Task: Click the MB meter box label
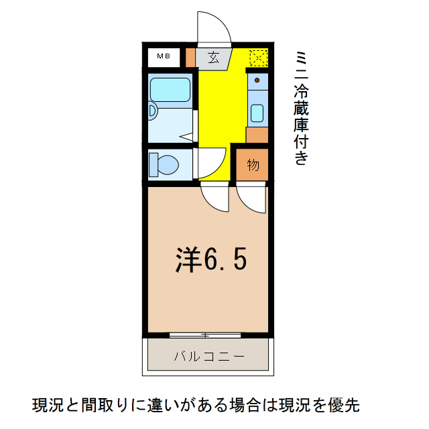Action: click(164, 56)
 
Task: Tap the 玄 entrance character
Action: click(213, 57)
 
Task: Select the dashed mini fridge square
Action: click(258, 57)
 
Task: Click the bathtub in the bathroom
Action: click(170, 88)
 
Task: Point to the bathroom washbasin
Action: click(152, 111)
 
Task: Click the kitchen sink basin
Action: click(257, 113)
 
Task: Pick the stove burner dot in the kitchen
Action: click(257, 81)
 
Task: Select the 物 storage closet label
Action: click(253, 165)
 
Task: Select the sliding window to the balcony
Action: click(205, 333)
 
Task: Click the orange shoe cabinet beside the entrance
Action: click(190, 56)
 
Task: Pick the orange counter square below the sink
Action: click(257, 134)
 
